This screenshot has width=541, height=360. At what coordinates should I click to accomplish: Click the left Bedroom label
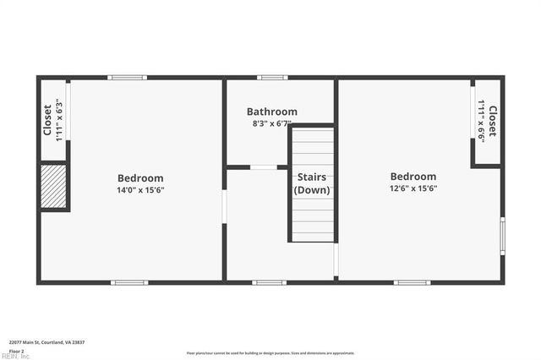click(x=140, y=178)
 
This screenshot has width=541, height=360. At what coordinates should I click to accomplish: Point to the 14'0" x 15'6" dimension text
click(x=140, y=190)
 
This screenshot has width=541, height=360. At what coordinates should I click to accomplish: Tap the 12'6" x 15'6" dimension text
click(x=413, y=188)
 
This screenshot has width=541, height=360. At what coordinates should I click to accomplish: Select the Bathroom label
click(x=272, y=112)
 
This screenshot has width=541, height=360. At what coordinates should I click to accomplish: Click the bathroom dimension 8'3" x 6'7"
click(x=272, y=123)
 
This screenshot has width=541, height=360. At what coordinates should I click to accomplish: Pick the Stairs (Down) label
click(x=312, y=183)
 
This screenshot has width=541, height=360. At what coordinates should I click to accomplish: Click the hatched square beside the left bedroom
click(x=53, y=185)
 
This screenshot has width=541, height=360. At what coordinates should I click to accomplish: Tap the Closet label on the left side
click(x=48, y=120)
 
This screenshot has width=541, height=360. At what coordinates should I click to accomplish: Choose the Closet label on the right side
click(x=492, y=121)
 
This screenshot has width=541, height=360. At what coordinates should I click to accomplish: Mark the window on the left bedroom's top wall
click(x=127, y=78)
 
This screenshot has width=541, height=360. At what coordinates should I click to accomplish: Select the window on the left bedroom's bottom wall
click(x=130, y=282)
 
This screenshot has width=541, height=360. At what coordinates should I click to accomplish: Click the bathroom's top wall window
click(x=272, y=78)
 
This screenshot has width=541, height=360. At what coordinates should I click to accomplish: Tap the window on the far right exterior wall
click(x=502, y=236)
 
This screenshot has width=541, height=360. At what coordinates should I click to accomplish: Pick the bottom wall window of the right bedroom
click(x=412, y=282)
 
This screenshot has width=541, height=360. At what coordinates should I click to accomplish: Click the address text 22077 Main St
click(x=46, y=342)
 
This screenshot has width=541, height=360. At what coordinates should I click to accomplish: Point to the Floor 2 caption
click(x=16, y=351)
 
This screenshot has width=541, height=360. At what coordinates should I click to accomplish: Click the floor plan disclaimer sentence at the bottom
click(x=270, y=353)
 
